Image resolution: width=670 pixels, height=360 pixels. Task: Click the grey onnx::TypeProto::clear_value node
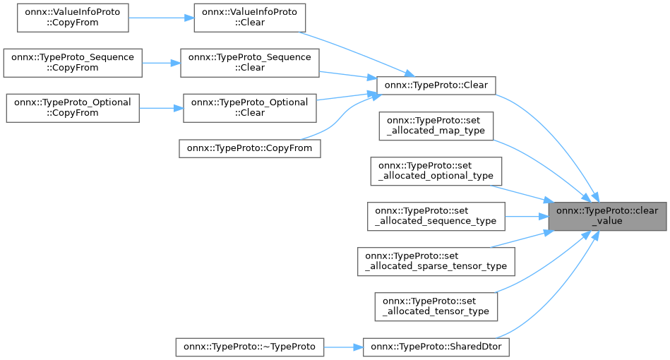click(607, 216)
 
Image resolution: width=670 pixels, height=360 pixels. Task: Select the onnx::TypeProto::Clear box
click(436, 85)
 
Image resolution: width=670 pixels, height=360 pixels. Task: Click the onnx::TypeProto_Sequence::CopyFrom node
click(73, 62)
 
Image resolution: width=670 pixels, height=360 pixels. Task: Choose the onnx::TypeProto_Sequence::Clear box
click(250, 62)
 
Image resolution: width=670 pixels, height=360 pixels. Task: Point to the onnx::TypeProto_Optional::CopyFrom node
click(73, 107)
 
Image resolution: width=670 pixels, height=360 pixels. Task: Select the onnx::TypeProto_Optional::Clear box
click(250, 107)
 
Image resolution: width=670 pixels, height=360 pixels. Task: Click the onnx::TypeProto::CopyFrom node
click(250, 148)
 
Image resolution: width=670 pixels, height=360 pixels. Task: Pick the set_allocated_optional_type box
click(436, 170)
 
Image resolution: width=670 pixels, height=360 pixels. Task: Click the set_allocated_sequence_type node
click(436, 216)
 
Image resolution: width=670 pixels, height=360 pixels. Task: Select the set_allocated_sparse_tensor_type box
click(436, 260)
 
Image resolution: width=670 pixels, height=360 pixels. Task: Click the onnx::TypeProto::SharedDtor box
click(436, 347)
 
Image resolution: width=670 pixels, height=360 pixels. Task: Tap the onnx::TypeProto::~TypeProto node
click(250, 347)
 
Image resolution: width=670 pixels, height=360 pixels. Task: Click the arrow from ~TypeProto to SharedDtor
click(343, 347)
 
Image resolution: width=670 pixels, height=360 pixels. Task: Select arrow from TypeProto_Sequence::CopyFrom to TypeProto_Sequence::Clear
click(161, 62)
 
